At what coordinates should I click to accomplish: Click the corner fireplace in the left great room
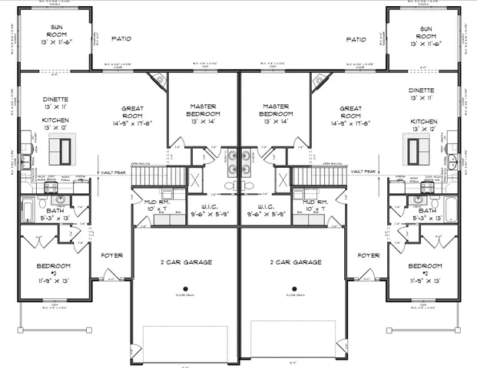159,79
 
